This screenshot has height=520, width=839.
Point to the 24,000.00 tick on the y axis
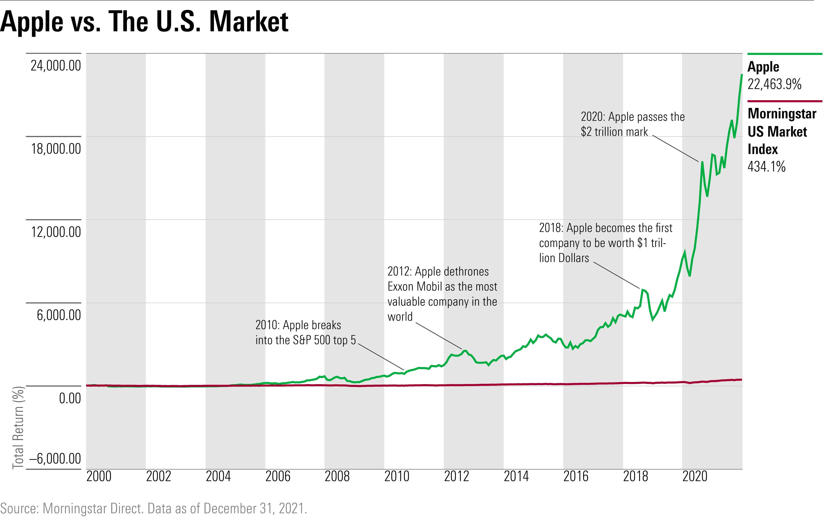click(x=56, y=65)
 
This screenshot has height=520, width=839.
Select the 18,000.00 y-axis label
click(x=56, y=149)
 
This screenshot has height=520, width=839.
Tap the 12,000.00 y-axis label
click(x=56, y=232)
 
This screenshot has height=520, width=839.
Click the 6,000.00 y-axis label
click(x=59, y=315)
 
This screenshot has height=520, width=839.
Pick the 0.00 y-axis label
click(x=70, y=398)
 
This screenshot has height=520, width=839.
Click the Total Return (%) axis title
click(x=18, y=428)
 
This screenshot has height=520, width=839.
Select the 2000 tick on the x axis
click(x=99, y=477)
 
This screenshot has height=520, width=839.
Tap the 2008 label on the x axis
click(x=337, y=477)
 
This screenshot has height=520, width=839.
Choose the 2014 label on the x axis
click(x=516, y=477)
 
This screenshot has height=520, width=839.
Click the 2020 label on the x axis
click(x=695, y=477)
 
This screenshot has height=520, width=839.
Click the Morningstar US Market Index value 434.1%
click(x=767, y=167)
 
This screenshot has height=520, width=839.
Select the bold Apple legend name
click(x=763, y=67)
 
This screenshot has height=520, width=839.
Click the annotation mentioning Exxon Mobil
click(x=442, y=294)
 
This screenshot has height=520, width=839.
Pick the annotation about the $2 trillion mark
click(x=633, y=124)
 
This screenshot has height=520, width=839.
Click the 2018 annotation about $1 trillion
click(x=605, y=243)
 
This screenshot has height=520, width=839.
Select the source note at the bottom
click(x=153, y=508)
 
